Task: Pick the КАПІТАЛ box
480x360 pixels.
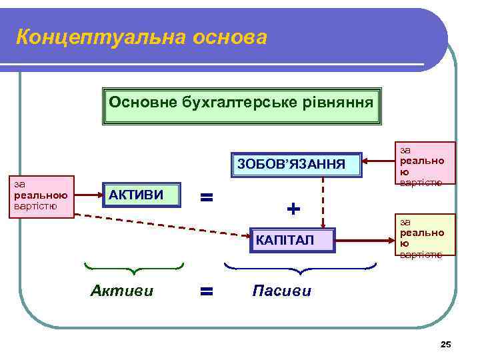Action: point(291,239)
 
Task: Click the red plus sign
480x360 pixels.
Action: point(293,209)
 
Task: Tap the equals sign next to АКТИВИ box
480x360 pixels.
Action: point(207,197)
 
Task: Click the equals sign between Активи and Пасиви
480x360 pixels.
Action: point(207,291)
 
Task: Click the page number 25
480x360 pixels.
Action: point(446,344)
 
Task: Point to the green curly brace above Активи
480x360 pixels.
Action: point(134,268)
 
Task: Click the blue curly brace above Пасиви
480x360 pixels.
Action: point(300,269)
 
